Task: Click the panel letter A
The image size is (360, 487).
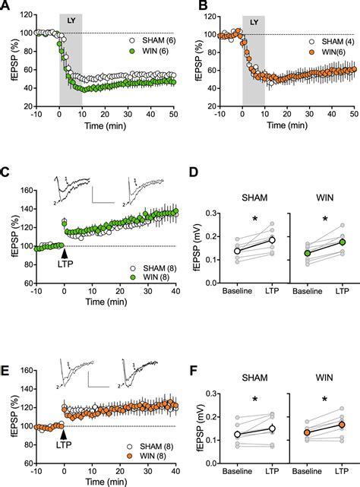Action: pos(6,7)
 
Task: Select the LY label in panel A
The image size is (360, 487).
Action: pos(71,21)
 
